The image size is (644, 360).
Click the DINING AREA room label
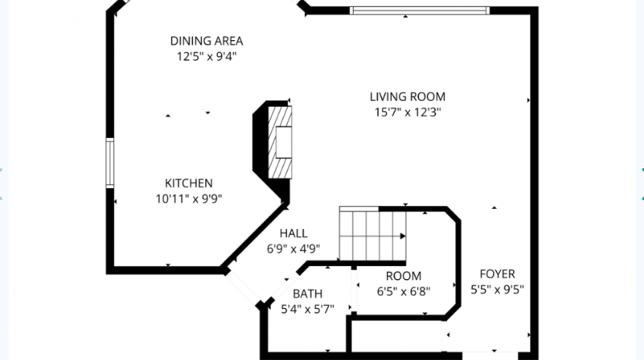[207, 41]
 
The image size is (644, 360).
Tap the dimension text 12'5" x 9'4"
[207, 56]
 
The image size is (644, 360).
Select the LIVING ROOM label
[407, 97]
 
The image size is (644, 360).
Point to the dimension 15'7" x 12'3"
[407, 112]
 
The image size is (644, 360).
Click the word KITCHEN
[189, 183]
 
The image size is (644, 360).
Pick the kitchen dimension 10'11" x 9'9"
[189, 199]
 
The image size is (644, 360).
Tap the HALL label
[293, 234]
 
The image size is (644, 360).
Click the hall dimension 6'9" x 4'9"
[293, 249]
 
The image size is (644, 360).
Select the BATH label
[307, 294]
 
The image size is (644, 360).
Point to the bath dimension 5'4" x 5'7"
[307, 309]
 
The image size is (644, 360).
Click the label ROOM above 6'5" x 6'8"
[403, 276]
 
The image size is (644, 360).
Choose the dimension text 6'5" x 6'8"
[403, 291]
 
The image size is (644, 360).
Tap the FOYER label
[497, 274]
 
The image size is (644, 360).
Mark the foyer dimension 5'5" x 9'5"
[497, 290]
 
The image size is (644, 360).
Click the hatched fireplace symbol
[280, 143]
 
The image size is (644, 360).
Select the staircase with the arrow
[373, 234]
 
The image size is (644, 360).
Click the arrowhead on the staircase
[403, 236]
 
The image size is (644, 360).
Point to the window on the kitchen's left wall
[110, 163]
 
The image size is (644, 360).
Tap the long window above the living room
[420, 11]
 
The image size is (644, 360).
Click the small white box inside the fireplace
[284, 143]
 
